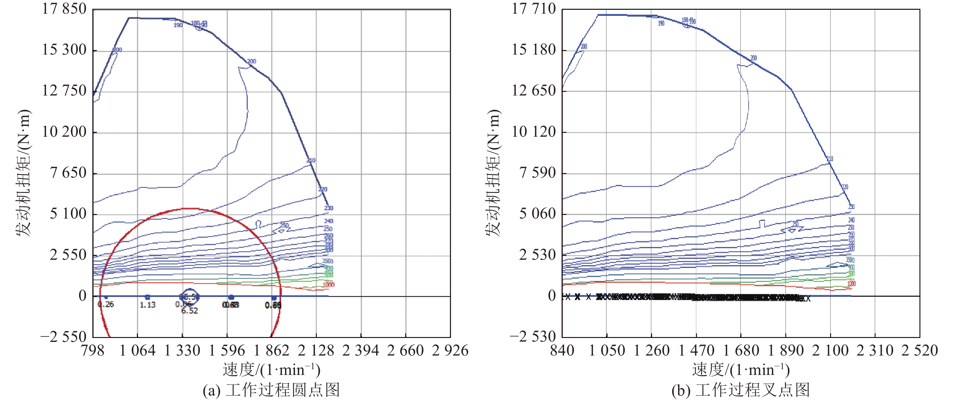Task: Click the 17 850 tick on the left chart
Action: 64,8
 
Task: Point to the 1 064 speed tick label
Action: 137,350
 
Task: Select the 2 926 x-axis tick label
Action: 450,350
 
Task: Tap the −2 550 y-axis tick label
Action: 63,337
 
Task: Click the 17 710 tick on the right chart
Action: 534,8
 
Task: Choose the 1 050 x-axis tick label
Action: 607,350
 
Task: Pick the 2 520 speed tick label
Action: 919,350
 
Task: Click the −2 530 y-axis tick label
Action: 533,337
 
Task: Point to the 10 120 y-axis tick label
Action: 534,132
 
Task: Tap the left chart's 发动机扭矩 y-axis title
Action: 23,173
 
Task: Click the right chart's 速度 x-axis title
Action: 741,370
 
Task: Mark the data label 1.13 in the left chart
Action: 147,305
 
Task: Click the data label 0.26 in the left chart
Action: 106,304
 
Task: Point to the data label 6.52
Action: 189,311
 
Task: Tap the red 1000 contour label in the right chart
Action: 851,283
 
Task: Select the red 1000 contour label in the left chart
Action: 328,285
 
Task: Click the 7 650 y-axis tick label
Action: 68,173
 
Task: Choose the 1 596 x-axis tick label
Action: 227,350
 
